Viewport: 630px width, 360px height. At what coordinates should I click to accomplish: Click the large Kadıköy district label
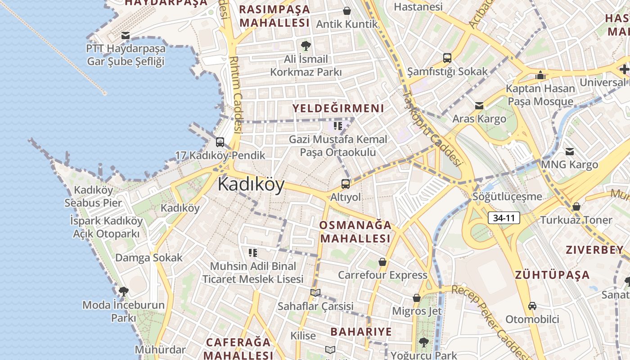251,184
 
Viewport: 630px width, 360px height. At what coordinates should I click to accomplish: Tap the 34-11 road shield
504,218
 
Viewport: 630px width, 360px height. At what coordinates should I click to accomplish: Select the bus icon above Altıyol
345,184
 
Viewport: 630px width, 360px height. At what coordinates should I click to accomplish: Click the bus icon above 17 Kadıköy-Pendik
220,142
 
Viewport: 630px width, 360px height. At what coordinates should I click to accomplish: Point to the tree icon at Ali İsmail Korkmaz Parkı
306,45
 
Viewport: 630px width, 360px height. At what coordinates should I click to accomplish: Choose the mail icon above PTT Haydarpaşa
126,35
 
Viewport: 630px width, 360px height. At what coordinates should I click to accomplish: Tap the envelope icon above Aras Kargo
479,106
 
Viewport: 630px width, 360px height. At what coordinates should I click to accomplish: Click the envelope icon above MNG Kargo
570,152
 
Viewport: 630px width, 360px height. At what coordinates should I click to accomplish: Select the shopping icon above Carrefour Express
382,261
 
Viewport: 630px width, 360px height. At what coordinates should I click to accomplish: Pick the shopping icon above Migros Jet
417,297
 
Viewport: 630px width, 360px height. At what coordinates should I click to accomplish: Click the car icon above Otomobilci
532,306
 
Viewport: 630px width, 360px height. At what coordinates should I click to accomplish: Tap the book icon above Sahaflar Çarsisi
315,293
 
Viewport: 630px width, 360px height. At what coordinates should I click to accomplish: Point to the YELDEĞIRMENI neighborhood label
338,108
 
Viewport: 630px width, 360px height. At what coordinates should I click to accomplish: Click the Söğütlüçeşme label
507,197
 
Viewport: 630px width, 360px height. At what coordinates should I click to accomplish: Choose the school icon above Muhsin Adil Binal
253,253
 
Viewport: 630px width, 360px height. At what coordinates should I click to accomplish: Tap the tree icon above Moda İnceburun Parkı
123,292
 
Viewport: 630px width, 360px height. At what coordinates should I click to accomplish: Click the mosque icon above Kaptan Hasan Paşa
540,75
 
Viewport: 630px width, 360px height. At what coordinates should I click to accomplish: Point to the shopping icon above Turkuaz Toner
576,207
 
